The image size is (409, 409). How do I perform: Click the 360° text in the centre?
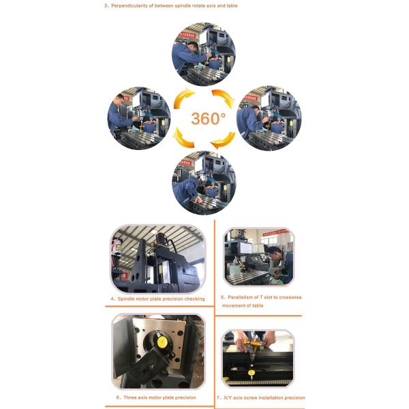(208, 119)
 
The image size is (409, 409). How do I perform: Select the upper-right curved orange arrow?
(224, 97)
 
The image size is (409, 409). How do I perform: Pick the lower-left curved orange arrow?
(183, 138)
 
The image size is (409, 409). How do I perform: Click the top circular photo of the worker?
(203, 55)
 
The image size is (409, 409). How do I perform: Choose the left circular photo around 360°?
(139, 118)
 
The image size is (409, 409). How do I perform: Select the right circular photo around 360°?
(269, 118)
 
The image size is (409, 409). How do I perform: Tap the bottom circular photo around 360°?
(204, 183)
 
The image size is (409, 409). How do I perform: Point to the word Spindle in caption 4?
(126, 299)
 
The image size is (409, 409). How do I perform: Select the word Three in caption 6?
(130, 397)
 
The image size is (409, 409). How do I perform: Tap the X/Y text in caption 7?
(228, 398)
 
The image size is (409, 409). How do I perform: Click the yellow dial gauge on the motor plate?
(162, 342)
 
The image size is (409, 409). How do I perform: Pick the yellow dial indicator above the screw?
(252, 373)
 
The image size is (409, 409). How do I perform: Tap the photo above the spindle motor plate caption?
(158, 259)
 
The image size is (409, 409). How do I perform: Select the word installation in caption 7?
(271, 398)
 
